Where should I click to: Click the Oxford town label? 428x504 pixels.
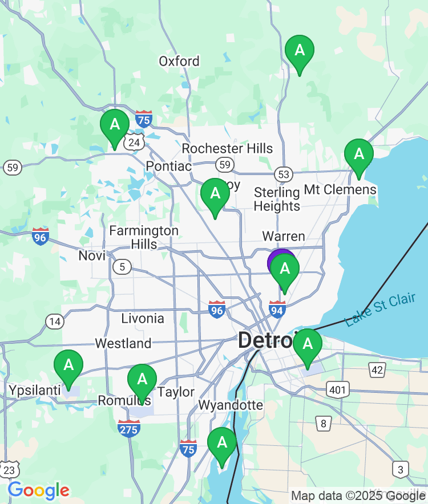[179, 61]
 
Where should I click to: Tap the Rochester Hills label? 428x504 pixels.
[227, 149]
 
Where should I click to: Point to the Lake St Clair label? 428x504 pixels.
[381, 310]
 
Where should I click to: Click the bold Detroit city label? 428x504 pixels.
[266, 341]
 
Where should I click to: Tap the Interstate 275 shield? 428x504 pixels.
[129, 428]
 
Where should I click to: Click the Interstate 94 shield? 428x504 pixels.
[277, 310]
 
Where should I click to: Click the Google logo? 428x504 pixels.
[38, 490]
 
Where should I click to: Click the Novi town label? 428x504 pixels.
[92, 255]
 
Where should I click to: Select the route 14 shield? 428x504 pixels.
[55, 322]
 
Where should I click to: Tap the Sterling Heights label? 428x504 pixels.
[277, 199]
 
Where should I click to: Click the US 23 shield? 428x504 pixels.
[10, 470]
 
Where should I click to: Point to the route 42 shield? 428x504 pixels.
[377, 370]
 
